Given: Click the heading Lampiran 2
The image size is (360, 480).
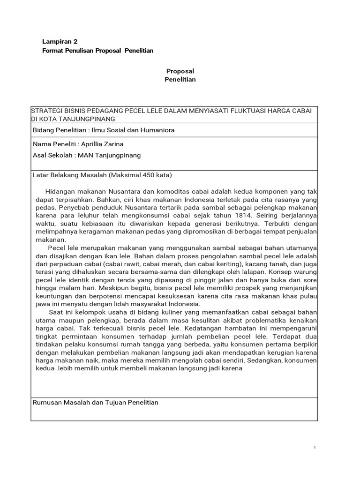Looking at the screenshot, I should [59, 41].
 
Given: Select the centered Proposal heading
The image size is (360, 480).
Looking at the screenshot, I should [180, 71].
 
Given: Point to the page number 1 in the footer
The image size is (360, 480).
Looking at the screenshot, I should [315, 448].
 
